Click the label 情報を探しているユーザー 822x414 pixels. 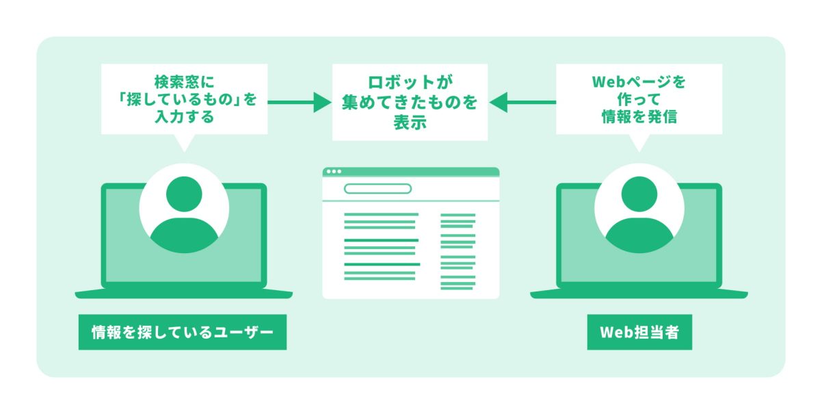[182, 333]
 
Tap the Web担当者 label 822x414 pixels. [639, 333]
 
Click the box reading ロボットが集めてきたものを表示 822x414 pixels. [410, 103]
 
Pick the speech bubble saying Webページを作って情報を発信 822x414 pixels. [639, 99]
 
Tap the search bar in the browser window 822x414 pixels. [377, 189]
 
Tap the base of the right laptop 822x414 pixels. [639, 294]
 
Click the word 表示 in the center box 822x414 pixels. [410, 124]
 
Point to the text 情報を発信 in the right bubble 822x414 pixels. [639, 117]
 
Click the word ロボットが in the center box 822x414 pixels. [410, 83]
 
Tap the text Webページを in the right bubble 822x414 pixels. [639, 82]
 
